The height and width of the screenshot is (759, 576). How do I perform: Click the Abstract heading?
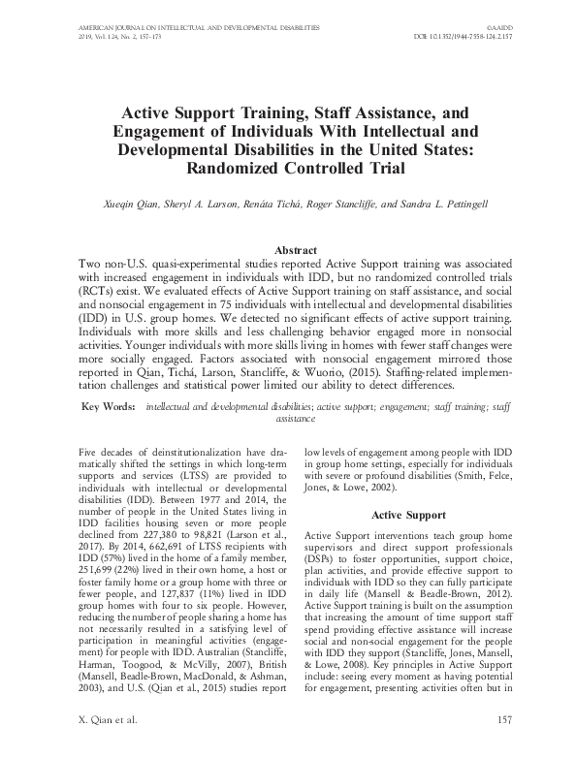(x=288, y=249)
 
